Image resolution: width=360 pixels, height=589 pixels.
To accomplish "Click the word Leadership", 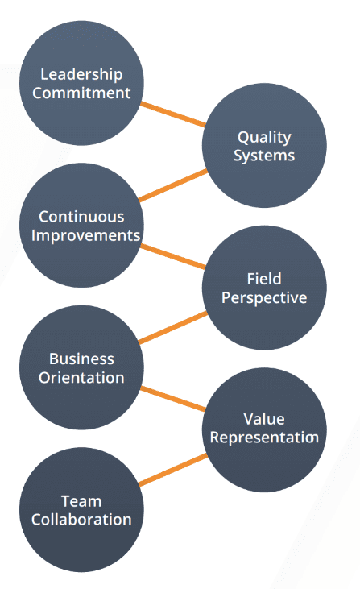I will click(81, 75).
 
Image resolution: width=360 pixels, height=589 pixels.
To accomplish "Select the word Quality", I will click(263, 137).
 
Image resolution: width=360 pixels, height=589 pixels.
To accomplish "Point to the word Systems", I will click(263, 155).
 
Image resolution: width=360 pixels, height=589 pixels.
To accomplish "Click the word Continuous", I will click(81, 217).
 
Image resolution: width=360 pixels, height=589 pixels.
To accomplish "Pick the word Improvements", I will click(81, 235).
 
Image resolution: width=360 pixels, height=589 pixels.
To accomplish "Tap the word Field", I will click(263, 280).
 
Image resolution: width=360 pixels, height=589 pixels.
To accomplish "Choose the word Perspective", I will click(263, 297).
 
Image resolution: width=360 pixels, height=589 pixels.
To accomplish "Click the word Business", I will click(81, 359).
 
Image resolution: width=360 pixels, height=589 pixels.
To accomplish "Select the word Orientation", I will click(81, 377).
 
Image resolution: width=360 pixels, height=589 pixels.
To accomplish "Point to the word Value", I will click(263, 419).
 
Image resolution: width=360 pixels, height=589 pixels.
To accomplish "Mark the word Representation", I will click(263, 438).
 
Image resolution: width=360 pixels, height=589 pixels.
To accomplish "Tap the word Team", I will click(81, 501).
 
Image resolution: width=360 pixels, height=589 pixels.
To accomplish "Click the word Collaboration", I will click(81, 520).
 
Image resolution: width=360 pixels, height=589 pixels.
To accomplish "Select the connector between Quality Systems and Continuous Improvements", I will click(172, 185).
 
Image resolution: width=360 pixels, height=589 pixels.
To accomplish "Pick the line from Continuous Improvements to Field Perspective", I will click(173, 255).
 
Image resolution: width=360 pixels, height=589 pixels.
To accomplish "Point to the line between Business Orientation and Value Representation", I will click(173, 399).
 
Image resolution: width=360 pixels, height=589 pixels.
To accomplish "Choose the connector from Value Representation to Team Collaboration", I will click(172, 470).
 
